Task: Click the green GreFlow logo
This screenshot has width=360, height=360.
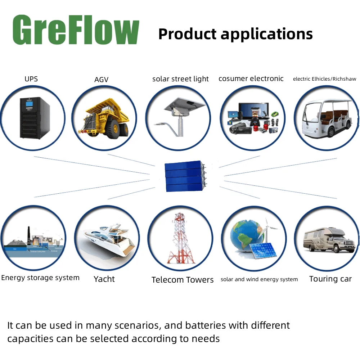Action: tap(76, 30)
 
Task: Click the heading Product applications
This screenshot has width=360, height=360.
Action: tap(235, 34)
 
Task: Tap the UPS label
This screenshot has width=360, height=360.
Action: tap(31, 79)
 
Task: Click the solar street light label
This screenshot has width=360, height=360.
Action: tap(180, 79)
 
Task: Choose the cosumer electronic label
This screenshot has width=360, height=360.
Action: tap(251, 78)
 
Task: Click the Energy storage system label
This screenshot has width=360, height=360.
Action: tap(40, 278)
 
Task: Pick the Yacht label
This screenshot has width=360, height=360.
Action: tap(104, 279)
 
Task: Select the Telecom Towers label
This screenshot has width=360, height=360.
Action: tap(183, 280)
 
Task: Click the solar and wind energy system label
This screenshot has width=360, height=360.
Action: tap(259, 279)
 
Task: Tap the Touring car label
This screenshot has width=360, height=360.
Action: tap(330, 279)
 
